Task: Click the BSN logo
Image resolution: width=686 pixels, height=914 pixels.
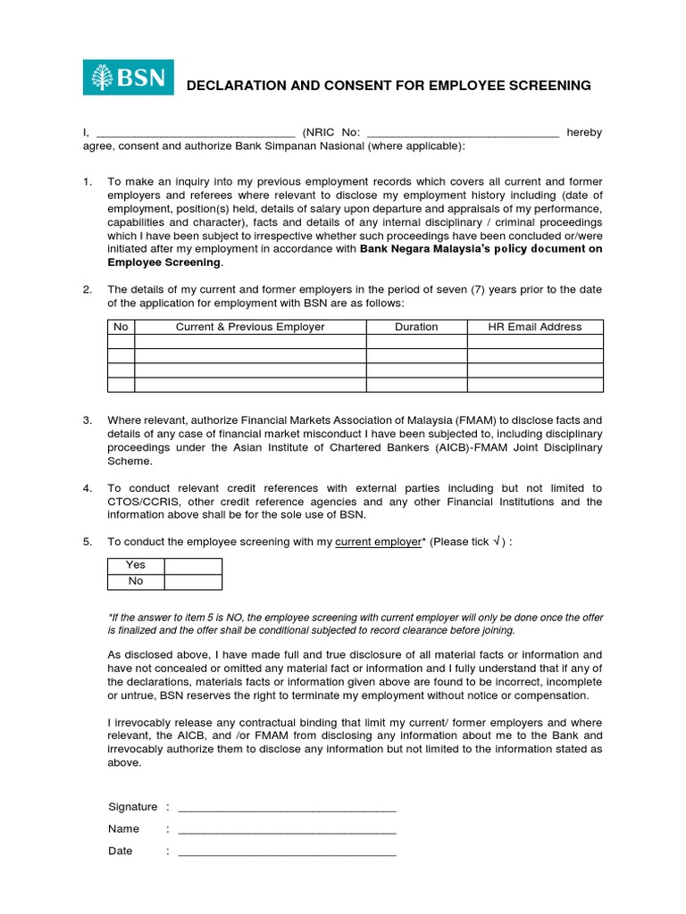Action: (x=129, y=78)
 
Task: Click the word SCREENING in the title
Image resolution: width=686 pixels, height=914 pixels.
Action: (x=548, y=86)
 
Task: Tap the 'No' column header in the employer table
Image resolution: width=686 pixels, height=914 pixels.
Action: (x=121, y=327)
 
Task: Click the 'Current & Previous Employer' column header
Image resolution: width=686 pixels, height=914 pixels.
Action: (x=250, y=327)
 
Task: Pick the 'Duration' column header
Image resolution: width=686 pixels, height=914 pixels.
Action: (x=416, y=327)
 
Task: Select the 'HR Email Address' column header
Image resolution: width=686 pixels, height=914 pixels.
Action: (x=535, y=327)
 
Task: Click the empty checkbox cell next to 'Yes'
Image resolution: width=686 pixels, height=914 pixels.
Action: (x=193, y=565)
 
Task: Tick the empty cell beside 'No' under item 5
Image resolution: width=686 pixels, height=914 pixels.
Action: (x=193, y=581)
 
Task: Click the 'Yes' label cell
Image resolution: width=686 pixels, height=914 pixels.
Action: (x=136, y=565)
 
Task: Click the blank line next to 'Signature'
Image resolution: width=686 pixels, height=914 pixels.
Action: (x=287, y=807)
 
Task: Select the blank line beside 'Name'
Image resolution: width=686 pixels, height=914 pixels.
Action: (x=287, y=829)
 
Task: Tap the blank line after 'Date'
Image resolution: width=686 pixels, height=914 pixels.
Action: (x=287, y=852)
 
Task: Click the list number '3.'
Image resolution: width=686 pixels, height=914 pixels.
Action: (x=88, y=420)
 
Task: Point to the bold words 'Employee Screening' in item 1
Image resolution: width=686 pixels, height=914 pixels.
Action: (x=163, y=262)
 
